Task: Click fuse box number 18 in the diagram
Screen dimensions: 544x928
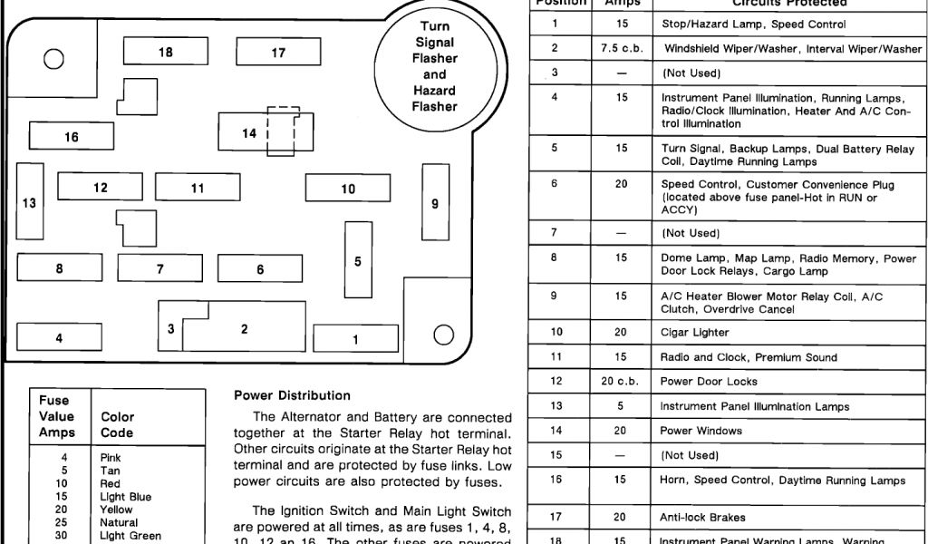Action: (x=165, y=53)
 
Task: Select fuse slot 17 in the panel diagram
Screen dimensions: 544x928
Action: (x=278, y=53)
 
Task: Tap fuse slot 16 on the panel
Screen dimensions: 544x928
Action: (x=72, y=137)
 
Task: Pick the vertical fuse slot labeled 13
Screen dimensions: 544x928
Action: (x=30, y=203)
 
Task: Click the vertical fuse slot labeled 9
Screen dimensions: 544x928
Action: (x=435, y=204)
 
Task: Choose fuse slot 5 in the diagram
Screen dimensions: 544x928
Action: (x=358, y=261)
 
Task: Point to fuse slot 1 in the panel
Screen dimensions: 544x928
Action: (x=355, y=339)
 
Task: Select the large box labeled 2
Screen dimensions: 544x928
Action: (x=244, y=329)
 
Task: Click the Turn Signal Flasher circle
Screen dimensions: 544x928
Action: (x=435, y=66)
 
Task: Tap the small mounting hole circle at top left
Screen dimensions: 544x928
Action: (x=53, y=59)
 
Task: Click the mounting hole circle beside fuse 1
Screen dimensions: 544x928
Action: (x=442, y=335)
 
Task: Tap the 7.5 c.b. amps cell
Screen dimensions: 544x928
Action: (x=621, y=48)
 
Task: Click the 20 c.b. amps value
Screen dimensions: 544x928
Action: (x=621, y=382)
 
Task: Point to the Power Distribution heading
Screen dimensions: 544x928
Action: (x=292, y=395)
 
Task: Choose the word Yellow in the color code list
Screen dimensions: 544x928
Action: (x=117, y=510)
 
